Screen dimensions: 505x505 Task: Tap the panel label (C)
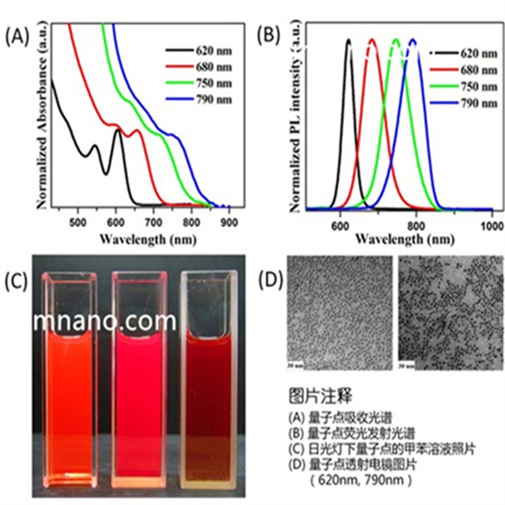[17, 280]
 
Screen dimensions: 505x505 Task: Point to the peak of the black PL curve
[349, 40]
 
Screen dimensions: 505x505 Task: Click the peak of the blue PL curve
[413, 40]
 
